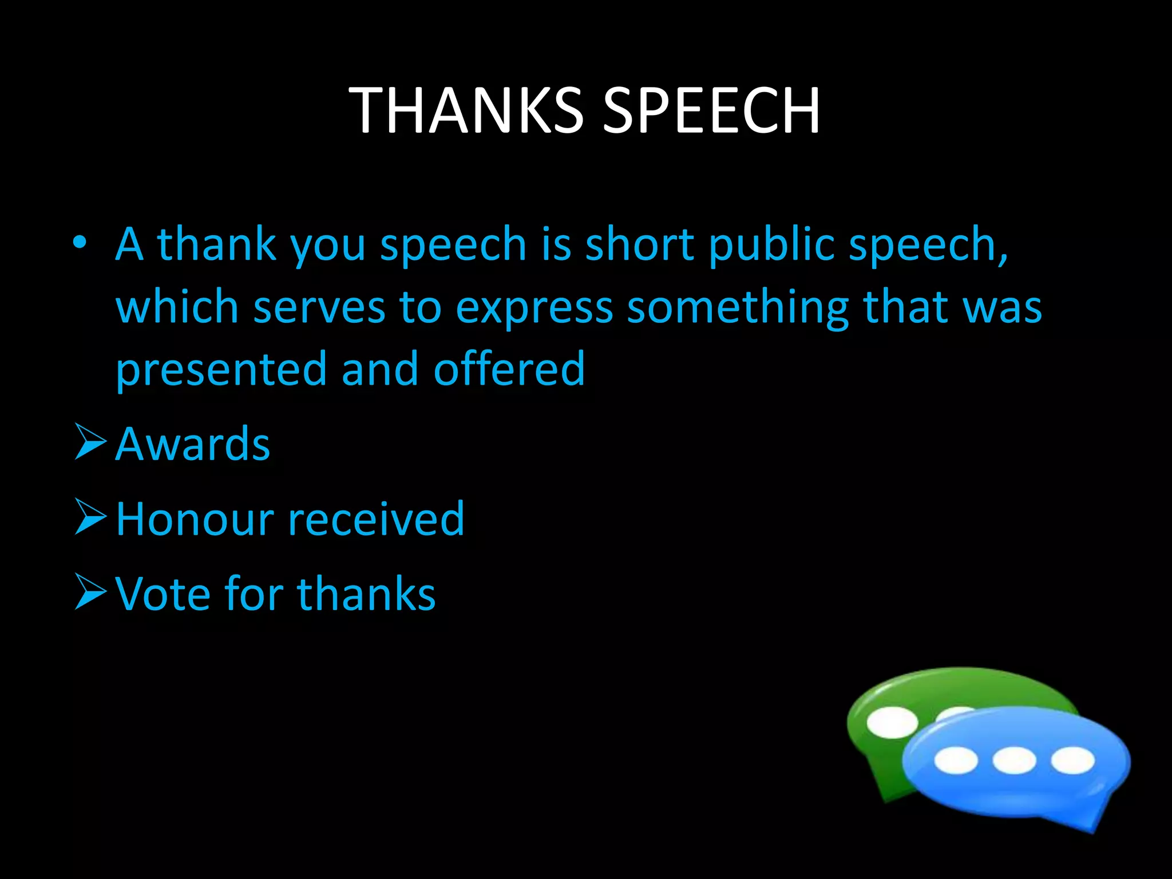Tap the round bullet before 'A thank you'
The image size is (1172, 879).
pos(80,243)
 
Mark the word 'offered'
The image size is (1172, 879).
pos(509,369)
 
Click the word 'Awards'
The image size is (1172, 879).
pos(192,444)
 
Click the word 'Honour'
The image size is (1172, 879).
pos(194,519)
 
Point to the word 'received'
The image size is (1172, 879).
pos(376,519)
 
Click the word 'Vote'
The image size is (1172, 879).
pos(163,594)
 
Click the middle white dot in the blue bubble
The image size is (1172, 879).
pos(1014,761)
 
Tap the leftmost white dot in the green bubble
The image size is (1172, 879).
pos(892,722)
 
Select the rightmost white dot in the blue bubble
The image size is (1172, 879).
pos(1072,761)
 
